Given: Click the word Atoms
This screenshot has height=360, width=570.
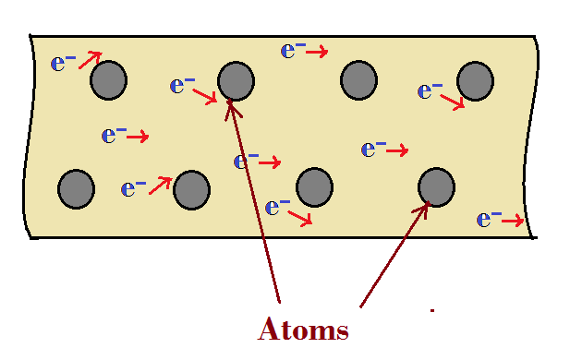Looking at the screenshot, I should (303, 330).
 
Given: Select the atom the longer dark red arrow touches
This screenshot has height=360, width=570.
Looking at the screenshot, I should (236, 81).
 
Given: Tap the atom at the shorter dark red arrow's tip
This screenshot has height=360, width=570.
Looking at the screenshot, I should (436, 186).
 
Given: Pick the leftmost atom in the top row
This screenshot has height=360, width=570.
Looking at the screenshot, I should (108, 80).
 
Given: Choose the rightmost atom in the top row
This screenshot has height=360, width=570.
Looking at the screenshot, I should (476, 80).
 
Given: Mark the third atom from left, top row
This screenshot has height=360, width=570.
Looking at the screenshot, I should (358, 80).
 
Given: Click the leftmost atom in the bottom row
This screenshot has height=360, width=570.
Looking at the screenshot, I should (76, 188).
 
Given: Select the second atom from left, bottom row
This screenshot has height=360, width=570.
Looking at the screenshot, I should (191, 189).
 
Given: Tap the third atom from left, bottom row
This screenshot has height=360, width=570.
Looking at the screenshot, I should (314, 186).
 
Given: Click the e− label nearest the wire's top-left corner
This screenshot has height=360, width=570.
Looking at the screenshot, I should (63, 64).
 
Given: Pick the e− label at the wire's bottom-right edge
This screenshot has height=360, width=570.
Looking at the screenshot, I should (489, 220).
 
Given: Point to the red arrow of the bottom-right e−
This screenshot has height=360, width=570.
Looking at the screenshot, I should (514, 221).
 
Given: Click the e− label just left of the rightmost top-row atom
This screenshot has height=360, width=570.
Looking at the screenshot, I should (431, 90).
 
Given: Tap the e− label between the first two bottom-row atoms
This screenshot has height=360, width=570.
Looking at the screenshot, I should (134, 189).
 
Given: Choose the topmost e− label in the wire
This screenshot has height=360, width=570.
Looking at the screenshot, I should (293, 50).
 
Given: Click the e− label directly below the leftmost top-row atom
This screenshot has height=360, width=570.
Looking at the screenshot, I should (114, 136).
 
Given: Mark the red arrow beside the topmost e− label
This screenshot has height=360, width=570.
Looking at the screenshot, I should (317, 53).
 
